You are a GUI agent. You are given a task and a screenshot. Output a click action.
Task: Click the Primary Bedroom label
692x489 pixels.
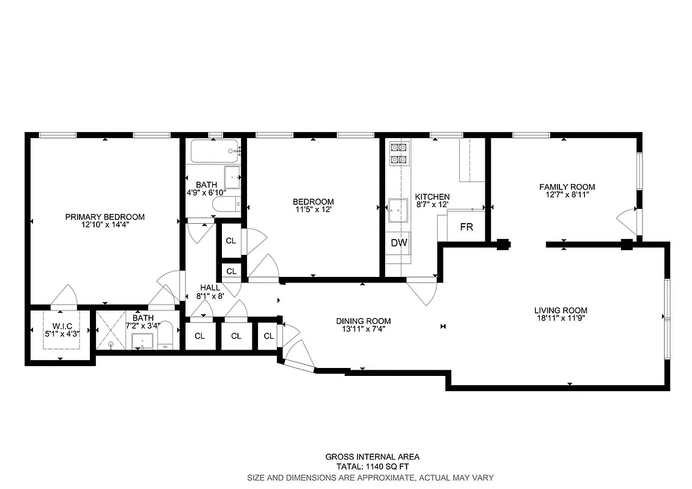(105, 217)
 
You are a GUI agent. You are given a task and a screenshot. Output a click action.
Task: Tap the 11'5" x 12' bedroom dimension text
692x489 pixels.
(313, 210)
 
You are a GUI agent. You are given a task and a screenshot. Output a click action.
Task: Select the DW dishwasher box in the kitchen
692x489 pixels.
(399, 243)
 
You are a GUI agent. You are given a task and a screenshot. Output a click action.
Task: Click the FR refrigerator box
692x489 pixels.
(466, 227)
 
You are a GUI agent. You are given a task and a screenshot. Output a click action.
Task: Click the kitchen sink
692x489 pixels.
(399, 210)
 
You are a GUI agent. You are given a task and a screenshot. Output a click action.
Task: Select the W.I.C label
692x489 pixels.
(62, 326)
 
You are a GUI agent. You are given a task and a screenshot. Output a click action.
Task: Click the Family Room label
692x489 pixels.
(567, 187)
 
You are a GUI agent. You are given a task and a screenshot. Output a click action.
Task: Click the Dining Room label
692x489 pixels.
(363, 321)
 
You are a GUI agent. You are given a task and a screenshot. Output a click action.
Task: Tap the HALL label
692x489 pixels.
(210, 287)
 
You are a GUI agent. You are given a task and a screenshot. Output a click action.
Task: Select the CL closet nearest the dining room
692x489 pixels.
(269, 336)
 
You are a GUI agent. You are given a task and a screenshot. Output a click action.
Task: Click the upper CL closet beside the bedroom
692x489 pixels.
(230, 241)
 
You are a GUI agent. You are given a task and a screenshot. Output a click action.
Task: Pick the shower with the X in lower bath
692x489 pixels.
(111, 331)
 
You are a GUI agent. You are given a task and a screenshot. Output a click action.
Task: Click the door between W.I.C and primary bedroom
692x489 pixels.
(63, 296)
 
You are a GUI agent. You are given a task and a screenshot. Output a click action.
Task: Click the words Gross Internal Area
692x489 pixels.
(372, 457)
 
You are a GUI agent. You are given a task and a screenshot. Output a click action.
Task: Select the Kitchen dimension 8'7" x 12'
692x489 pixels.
(432, 205)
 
